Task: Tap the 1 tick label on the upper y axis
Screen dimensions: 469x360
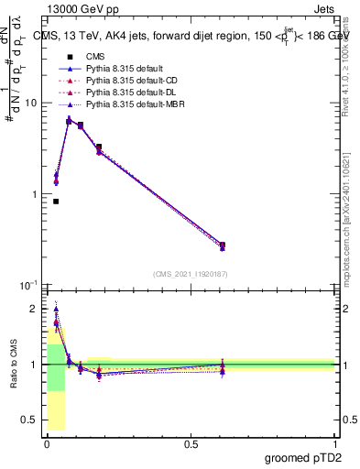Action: tap(33, 195)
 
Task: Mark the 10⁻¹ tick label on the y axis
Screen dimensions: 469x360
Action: tap(28, 286)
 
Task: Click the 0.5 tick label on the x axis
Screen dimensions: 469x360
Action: tap(191, 443)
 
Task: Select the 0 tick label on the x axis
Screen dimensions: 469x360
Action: tap(47, 443)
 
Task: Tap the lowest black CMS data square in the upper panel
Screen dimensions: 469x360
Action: tap(56, 202)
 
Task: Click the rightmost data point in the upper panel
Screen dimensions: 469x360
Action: tap(223, 245)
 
